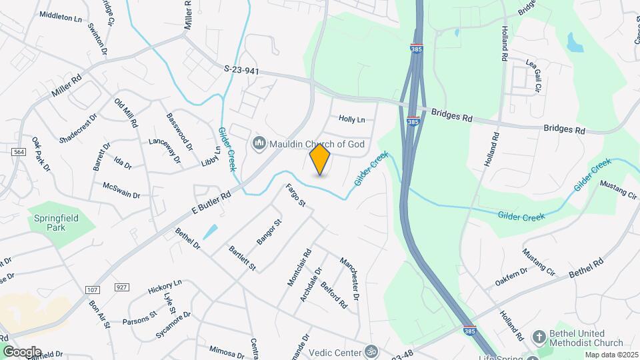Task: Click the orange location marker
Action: tap(320, 159)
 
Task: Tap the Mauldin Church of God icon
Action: tap(259, 143)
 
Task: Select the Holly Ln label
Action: tap(352, 119)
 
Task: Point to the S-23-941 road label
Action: tap(241, 69)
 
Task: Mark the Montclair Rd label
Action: tap(299, 268)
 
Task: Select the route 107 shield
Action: tap(92, 289)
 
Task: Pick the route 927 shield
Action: tap(121, 287)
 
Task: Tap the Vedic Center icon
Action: tap(372, 351)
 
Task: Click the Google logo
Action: tap(21, 351)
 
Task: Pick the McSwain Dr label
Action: tap(121, 190)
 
